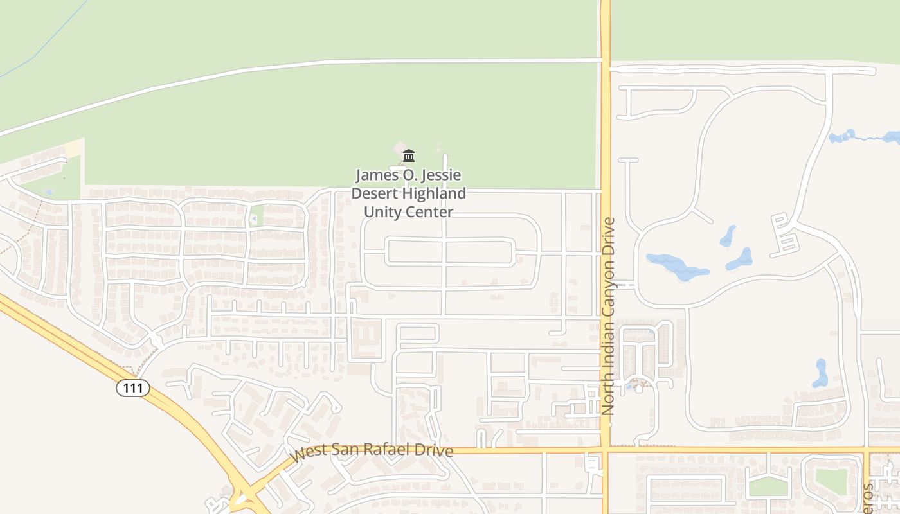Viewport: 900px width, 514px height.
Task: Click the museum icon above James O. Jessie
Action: [x=408, y=155]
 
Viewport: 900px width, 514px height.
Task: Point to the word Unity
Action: [x=382, y=212]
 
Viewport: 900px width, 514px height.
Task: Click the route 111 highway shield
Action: [x=133, y=387]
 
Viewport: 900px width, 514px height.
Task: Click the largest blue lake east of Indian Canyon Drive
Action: [x=675, y=265]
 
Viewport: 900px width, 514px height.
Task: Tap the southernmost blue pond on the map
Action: [x=820, y=373]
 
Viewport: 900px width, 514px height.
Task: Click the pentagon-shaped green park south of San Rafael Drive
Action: [x=768, y=486]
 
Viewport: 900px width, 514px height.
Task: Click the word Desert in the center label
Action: [x=375, y=193]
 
